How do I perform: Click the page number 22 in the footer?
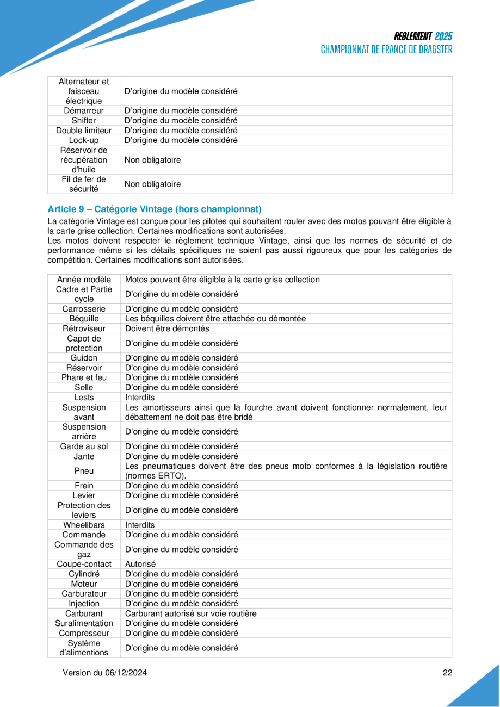(x=447, y=673)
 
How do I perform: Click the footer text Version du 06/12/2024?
(x=105, y=673)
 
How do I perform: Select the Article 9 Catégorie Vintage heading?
(x=155, y=209)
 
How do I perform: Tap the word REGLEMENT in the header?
(x=413, y=36)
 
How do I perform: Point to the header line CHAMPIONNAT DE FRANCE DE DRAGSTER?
(x=386, y=49)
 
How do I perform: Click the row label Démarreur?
(x=84, y=111)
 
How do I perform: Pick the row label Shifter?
(x=84, y=121)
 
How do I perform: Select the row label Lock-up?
(x=84, y=140)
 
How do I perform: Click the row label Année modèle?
(x=84, y=280)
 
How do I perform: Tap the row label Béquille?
(x=84, y=319)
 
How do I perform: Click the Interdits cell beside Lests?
(x=140, y=397)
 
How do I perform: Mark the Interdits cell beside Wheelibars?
(x=140, y=525)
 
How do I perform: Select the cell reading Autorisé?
(x=140, y=564)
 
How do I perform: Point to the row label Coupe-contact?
(x=84, y=564)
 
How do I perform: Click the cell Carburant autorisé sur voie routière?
(x=190, y=613)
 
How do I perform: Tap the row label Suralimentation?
(x=84, y=623)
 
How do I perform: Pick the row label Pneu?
(x=84, y=471)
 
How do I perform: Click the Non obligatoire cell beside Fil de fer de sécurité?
(x=152, y=184)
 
